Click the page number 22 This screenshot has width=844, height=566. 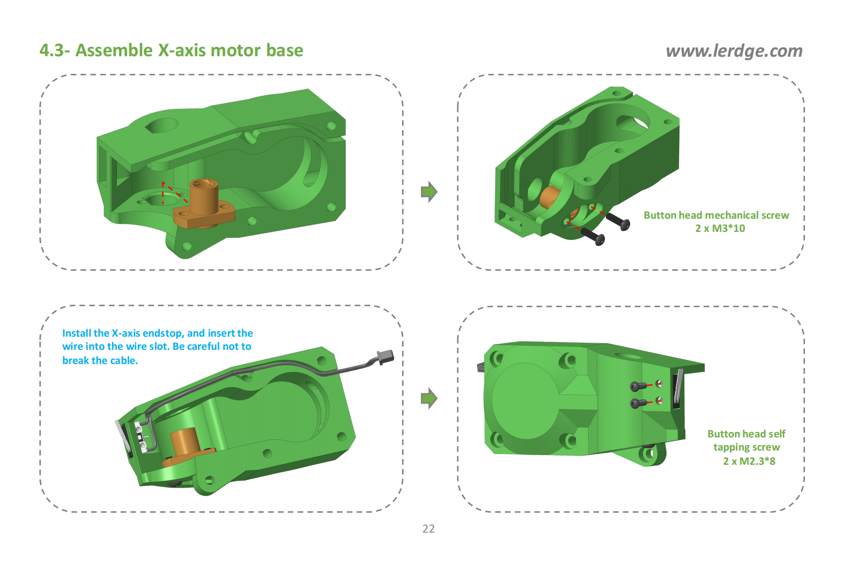428,529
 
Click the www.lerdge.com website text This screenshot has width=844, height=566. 734,51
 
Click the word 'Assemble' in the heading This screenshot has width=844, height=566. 114,50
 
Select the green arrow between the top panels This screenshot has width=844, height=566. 429,192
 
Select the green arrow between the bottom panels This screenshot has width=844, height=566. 429,398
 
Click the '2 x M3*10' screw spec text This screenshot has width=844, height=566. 720,228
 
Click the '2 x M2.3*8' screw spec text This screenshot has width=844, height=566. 748,461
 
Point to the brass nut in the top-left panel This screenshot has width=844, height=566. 204,200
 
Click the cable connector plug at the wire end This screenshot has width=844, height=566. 385,357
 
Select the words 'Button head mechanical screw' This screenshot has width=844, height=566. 716,215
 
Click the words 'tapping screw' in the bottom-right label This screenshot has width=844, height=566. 746,448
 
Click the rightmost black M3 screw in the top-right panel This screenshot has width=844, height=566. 618,220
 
